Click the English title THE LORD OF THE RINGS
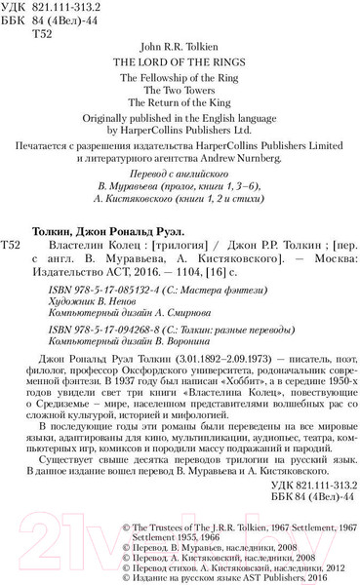(180, 57)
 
